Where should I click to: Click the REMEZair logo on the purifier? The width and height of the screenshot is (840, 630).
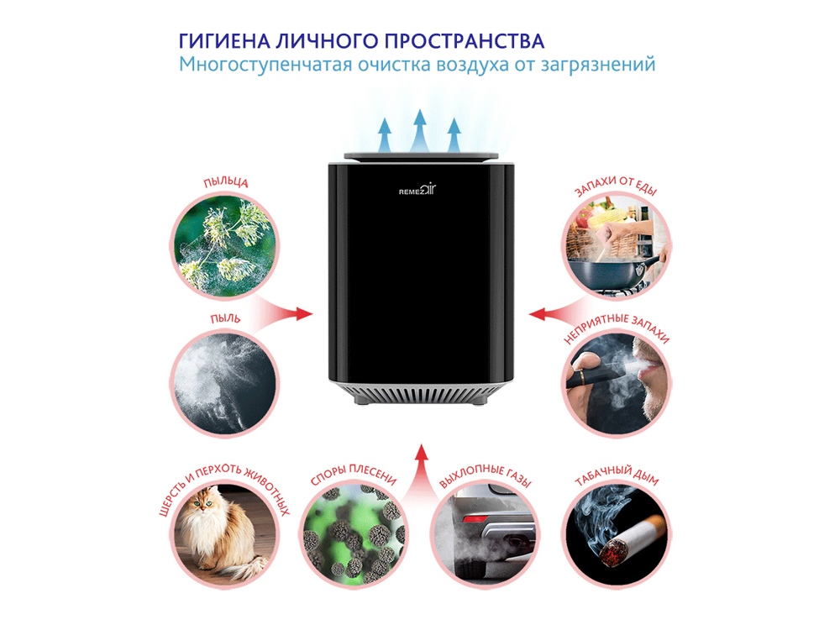(419, 190)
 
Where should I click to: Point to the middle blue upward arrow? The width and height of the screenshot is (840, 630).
(419, 128)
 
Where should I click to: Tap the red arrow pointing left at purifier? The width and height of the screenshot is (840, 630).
(550, 313)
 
